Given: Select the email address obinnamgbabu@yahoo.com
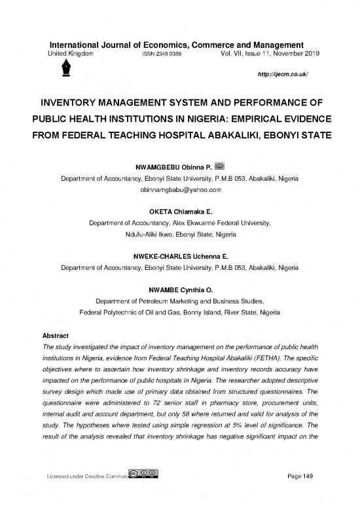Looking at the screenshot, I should (179, 189).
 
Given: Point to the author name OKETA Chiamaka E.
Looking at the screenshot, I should (179, 211).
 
